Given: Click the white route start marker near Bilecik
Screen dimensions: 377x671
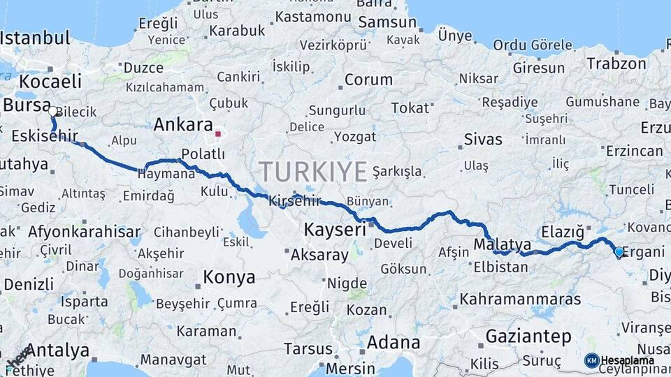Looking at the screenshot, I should click(53, 110).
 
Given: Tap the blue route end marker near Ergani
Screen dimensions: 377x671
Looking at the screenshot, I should click(619, 252).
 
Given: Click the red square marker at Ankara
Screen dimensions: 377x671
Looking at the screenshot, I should click(218, 133).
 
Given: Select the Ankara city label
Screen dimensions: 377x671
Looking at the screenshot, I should click(182, 126).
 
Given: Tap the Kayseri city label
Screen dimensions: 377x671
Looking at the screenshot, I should click(335, 230).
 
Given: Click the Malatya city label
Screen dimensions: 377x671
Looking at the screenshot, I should click(502, 244).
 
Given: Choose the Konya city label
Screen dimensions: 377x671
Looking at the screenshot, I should click(229, 278).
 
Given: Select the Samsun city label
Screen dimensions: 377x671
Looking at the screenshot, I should click(387, 23).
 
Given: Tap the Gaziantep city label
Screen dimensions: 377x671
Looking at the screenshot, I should click(528, 337).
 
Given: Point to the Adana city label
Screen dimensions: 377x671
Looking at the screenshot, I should click(394, 343).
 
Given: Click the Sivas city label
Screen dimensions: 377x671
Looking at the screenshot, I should click(484, 140).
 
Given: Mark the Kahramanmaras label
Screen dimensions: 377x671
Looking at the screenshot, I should click(520, 300).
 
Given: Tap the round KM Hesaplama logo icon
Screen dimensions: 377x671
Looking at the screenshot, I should click(591, 360).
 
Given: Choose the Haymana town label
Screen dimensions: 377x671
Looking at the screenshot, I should click(166, 175).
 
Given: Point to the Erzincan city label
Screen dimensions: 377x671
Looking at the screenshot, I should click(634, 151).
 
